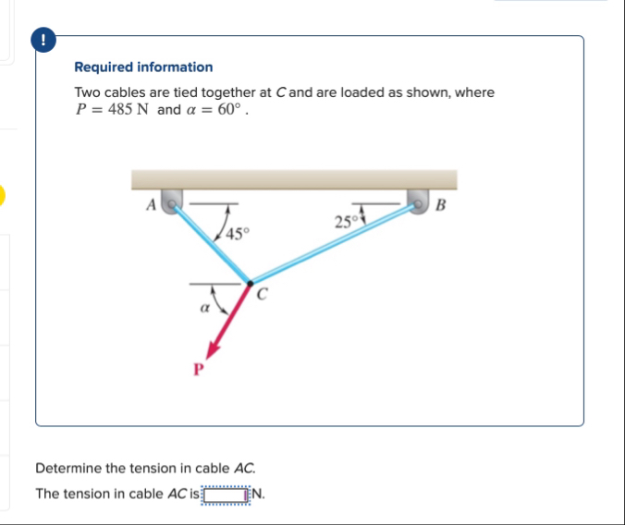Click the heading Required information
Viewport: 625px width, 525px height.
(143, 67)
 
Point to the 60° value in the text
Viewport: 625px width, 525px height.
(232, 110)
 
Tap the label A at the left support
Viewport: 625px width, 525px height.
(150, 206)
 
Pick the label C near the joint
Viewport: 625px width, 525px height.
(263, 296)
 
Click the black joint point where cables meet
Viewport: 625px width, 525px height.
(249, 281)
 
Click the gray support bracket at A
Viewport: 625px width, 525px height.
(172, 201)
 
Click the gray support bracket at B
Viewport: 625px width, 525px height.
(419, 201)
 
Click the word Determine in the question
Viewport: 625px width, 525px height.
(67, 469)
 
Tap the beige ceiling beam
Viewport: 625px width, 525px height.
(294, 179)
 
